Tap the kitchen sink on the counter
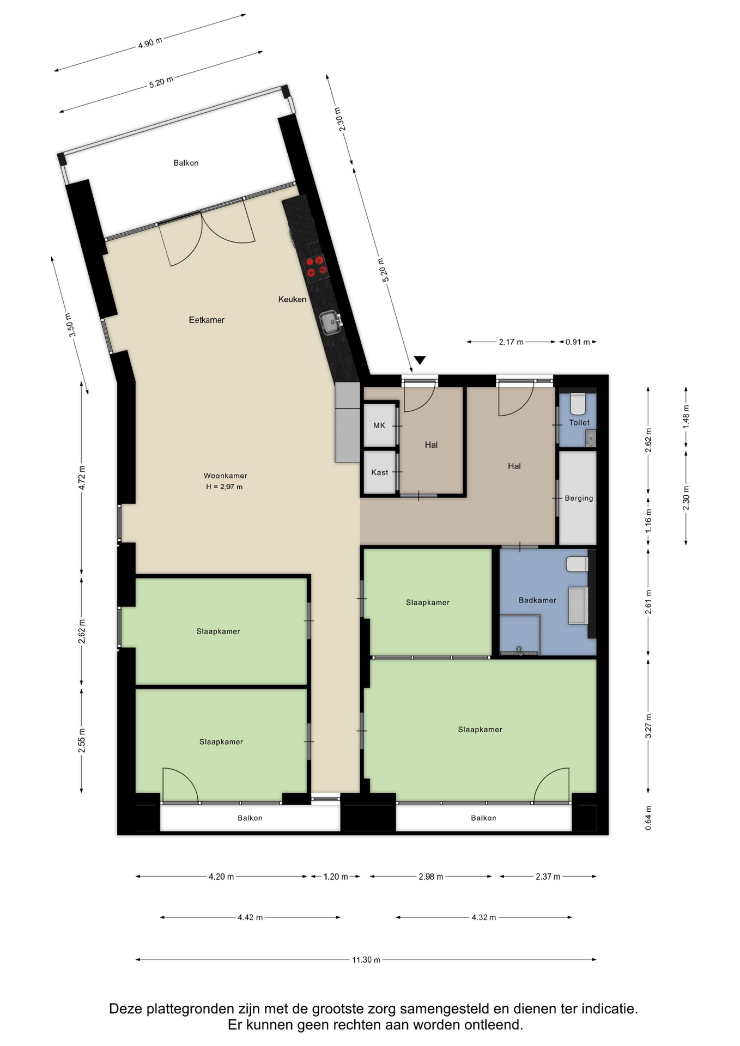pyautogui.click(x=331, y=321)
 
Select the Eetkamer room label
pyautogui.click(x=207, y=320)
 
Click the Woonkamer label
pyautogui.click(x=225, y=476)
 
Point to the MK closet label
pyautogui.click(x=379, y=425)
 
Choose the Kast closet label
pyautogui.click(x=380, y=472)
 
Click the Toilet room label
pyautogui.click(x=579, y=422)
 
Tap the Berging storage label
pyautogui.click(x=579, y=498)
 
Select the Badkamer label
pyautogui.click(x=537, y=600)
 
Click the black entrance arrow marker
pyautogui.click(x=420, y=360)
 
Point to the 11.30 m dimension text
pyautogui.click(x=366, y=959)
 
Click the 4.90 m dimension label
pyautogui.click(x=150, y=42)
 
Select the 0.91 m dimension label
pyautogui.click(x=578, y=342)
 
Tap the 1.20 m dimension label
pyautogui.click(x=336, y=877)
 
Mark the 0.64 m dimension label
pyautogui.click(x=648, y=818)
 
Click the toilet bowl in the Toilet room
pyautogui.click(x=578, y=404)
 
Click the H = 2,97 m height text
pyautogui.click(x=224, y=486)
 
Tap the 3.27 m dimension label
pyautogui.click(x=648, y=726)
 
